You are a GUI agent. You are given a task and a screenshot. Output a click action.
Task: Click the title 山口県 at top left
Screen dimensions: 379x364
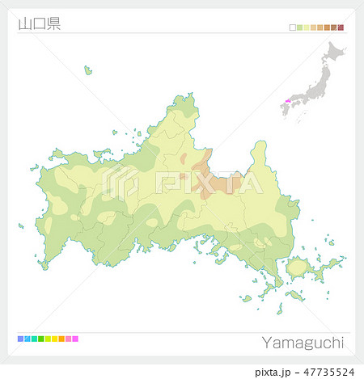pos(38,23)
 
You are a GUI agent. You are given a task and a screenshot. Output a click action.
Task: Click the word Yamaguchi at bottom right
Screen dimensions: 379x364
pos(303,343)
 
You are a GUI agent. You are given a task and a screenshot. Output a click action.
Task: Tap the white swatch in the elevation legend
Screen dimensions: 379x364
pos(293,27)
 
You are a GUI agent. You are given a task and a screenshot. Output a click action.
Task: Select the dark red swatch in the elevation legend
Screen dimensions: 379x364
pos(341,27)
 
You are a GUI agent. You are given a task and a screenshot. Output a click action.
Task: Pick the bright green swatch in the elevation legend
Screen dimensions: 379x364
pos(299,27)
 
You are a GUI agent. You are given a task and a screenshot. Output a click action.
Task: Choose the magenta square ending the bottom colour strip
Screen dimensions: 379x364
pos(75,339)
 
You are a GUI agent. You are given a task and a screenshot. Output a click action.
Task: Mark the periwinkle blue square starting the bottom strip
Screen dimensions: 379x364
pos(20,339)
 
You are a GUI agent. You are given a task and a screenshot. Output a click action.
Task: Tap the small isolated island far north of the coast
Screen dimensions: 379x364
pos(88,70)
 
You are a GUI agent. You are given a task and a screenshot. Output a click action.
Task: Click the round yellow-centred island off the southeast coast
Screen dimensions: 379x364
pos(298,267)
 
